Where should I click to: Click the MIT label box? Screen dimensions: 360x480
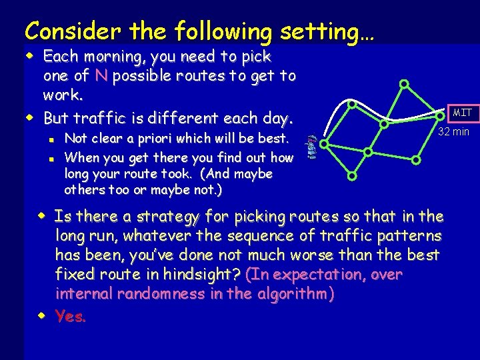462,113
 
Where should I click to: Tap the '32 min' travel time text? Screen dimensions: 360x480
453,131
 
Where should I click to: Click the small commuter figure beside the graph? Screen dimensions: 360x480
310,147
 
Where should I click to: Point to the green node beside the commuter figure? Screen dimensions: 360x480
324,143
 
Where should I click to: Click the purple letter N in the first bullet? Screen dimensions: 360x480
101,75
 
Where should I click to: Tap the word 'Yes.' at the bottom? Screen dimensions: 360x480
71,317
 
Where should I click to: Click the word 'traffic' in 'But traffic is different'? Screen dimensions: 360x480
99,119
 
